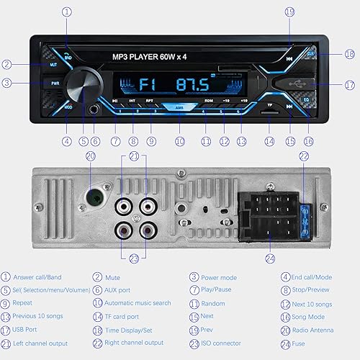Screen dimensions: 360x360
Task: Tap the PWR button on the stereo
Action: tap(55, 83)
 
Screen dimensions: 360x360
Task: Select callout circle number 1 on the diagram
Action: tap(67, 12)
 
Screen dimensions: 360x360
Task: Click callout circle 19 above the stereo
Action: tap(289, 12)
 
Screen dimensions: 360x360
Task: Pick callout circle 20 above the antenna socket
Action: tap(90, 156)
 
